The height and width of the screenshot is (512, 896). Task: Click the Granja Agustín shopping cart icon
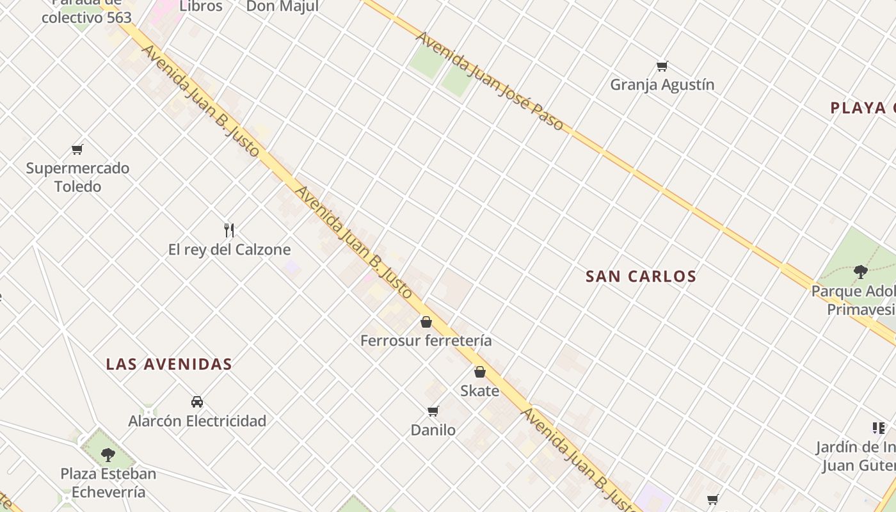click(662, 66)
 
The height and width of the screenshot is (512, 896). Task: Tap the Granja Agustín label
click(662, 84)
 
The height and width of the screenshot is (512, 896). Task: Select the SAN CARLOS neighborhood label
click(641, 276)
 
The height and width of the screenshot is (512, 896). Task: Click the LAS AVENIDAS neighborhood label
click(169, 364)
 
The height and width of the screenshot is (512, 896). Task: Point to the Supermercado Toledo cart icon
click(77, 150)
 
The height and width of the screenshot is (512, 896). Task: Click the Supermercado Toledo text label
click(77, 177)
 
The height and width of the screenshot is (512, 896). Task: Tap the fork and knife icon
click(229, 230)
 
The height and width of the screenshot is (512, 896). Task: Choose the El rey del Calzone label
click(229, 250)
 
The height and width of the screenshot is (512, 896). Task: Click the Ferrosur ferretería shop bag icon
click(426, 322)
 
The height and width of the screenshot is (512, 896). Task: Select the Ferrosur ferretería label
click(426, 340)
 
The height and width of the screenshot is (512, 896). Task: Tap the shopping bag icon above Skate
click(480, 372)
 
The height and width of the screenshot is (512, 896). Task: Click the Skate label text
click(480, 390)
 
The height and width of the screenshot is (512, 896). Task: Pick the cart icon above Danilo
click(433, 411)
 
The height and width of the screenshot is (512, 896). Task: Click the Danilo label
click(433, 430)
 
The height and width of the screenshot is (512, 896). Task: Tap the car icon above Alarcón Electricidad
click(197, 402)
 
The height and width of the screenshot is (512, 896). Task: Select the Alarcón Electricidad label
click(197, 421)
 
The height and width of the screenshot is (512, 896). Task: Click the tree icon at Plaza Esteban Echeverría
click(108, 455)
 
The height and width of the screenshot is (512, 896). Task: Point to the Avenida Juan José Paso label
click(490, 81)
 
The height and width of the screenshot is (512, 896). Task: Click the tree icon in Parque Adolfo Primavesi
click(861, 272)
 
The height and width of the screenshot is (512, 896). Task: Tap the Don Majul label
click(282, 6)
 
